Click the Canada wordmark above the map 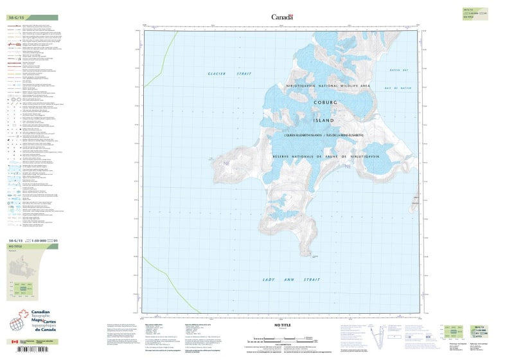tap(282, 17)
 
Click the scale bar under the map tap(277, 338)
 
